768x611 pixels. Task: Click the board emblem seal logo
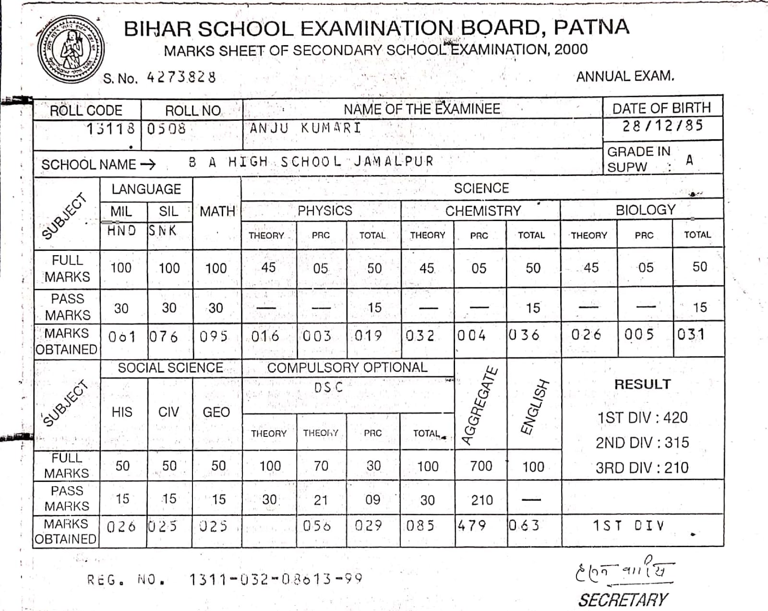[71, 49]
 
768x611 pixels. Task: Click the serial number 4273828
[181, 77]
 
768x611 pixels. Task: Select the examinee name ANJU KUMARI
[305, 128]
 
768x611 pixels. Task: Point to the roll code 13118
[111, 129]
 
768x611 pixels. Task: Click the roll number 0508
[166, 129]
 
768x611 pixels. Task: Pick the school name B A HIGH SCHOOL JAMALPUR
[311, 162]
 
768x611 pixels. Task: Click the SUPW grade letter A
[689, 160]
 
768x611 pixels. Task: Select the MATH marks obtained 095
[214, 336]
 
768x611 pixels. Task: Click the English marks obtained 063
[524, 526]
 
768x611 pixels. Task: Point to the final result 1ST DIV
[628, 526]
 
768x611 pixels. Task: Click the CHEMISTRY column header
[483, 211]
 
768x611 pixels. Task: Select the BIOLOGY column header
[645, 210]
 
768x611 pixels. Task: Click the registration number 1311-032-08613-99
[276, 579]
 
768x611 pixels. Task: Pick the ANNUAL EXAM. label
[625, 77]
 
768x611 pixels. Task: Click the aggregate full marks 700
[481, 466]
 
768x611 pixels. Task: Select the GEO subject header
[216, 412]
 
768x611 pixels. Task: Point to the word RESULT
[642, 384]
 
